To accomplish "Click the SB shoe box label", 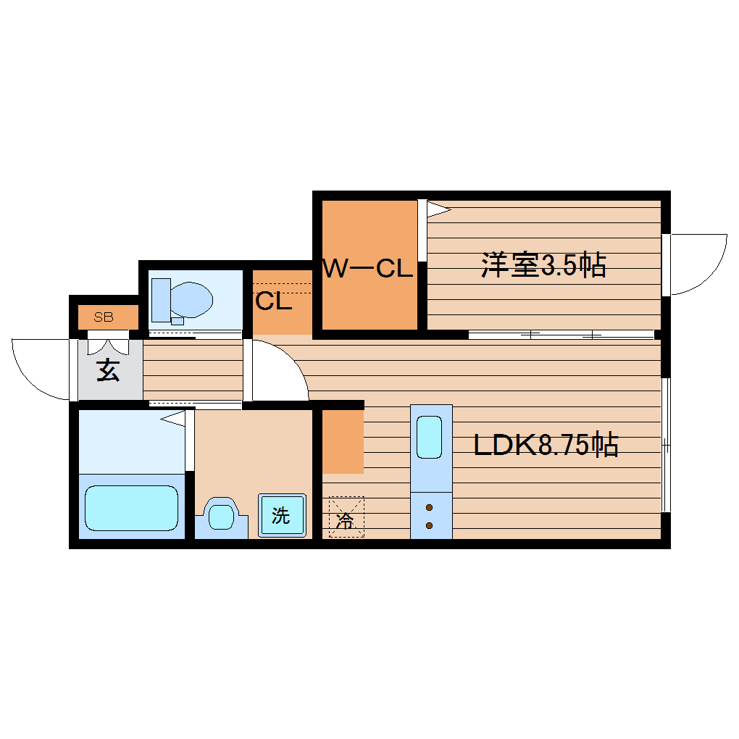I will tap(104, 317).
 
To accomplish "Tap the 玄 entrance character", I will tap(108, 370).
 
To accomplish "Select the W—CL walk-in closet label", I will tap(367, 270).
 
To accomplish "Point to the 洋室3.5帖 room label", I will tap(543, 266).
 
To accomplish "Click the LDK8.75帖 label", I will tap(545, 445).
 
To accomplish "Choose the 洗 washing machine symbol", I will tap(281, 515).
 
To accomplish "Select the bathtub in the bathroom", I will tap(131, 508).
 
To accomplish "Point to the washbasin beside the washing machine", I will tap(221, 516).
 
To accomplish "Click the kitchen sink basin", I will tap(430, 437).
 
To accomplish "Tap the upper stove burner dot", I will tap(429, 507).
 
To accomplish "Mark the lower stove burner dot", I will tap(429, 525).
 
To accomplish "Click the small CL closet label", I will tap(273, 301).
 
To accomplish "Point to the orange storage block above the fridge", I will tap(342, 441).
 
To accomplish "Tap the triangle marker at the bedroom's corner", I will tap(438, 209).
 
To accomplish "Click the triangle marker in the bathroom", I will tap(174, 418).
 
